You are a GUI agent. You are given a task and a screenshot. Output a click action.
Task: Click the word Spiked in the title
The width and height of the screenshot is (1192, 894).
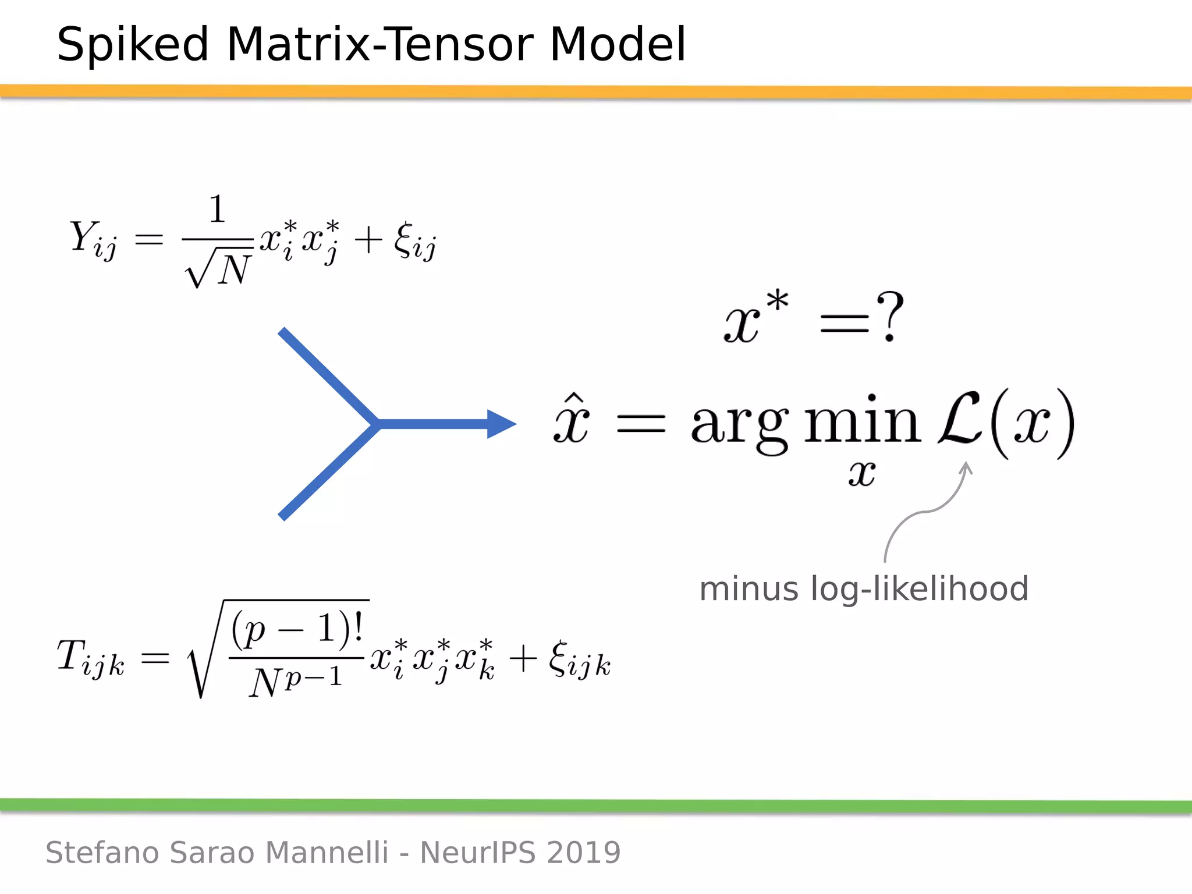133,45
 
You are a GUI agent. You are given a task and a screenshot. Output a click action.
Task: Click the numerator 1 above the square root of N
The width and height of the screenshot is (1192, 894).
217,209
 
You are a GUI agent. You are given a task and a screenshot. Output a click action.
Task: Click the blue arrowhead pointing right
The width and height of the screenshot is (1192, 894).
501,424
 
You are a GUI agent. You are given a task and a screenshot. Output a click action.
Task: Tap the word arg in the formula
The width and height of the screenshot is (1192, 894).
739,425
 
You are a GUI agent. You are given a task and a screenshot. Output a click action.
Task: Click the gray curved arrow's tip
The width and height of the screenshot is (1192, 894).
966,465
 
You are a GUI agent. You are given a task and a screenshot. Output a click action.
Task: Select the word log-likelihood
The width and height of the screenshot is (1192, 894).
920,589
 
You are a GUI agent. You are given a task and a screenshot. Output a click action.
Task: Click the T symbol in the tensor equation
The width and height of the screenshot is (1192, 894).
71,654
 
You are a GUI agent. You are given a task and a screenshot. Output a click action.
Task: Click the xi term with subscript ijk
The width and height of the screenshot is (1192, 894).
579,661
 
